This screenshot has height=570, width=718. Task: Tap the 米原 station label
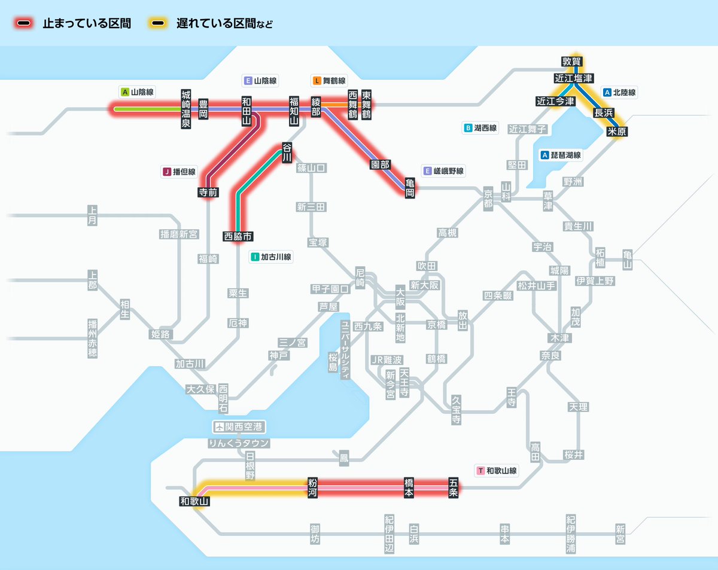[616, 132]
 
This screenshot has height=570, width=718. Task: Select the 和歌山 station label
[194, 502]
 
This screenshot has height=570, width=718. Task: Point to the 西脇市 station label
[238, 236]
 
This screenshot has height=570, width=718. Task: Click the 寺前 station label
[208, 192]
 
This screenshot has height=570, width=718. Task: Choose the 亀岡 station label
[410, 187]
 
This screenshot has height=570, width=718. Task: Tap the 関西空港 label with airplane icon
[239, 427]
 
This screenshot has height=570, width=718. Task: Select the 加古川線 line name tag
[271, 257]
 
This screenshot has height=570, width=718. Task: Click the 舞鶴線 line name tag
[329, 80]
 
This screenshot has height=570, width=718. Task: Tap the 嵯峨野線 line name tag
[443, 171]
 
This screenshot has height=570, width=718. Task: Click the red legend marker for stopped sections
[25, 24]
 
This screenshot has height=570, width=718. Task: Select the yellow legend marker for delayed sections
[159, 24]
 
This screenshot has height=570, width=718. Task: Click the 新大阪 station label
[424, 285]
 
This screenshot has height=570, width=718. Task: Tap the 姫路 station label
[160, 334]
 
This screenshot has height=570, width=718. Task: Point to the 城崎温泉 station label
[187, 109]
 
